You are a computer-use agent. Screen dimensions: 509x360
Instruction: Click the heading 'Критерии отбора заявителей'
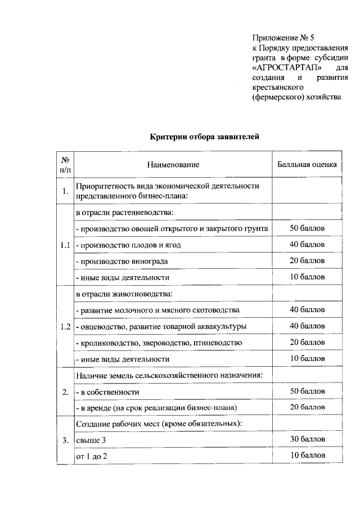[204, 136]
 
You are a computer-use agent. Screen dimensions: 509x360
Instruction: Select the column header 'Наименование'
[173, 165]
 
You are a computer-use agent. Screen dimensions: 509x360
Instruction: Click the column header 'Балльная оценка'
[307, 165]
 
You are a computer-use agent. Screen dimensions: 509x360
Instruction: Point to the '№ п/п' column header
[65, 165]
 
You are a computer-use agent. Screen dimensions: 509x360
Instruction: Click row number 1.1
[65, 245]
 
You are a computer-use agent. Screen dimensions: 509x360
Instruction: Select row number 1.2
[65, 326]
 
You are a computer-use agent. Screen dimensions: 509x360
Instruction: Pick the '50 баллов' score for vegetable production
[307, 228]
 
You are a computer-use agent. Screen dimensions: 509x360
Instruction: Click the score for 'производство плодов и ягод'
[307, 245]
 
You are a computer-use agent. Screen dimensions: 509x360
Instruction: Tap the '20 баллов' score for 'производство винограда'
[307, 261]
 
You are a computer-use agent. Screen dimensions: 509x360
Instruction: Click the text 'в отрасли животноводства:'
[124, 294]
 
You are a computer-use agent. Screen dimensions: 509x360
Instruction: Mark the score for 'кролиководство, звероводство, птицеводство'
[307, 343]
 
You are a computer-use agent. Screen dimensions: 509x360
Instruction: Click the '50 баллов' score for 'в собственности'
[307, 391]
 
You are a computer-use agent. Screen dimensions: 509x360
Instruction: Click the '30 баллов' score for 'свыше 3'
[307, 440]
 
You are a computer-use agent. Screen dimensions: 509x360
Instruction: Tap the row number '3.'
[65, 440]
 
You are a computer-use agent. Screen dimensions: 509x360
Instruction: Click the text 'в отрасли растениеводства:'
[124, 212]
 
